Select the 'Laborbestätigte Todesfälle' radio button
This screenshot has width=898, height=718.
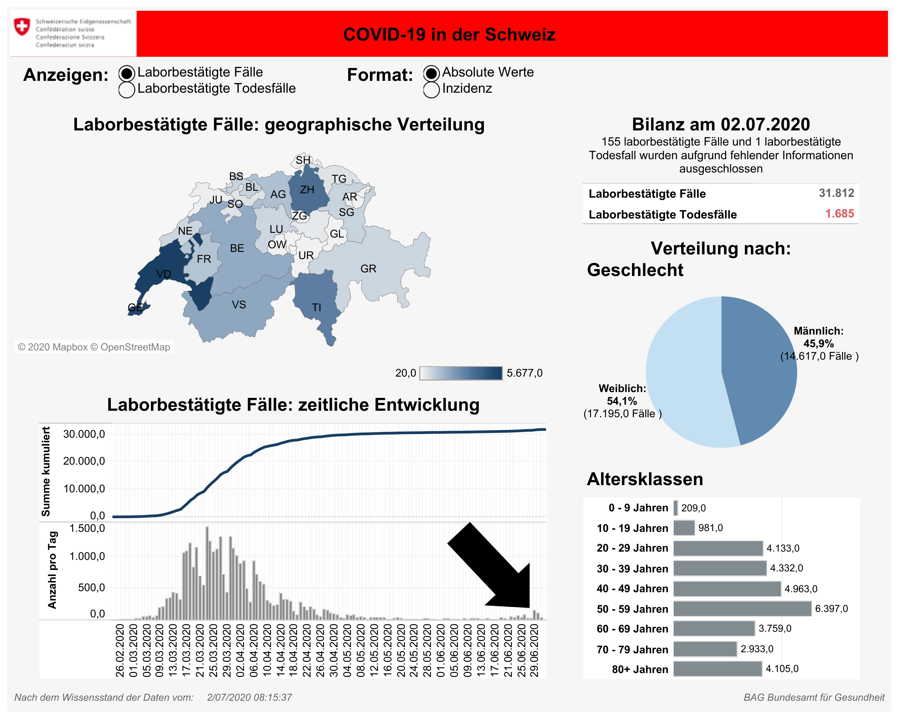[127, 89]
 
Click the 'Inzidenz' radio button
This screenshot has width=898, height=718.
[431, 89]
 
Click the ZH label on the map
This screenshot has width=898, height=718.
[307, 190]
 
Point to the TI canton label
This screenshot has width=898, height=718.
[317, 308]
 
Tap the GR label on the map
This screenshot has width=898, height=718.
[368, 269]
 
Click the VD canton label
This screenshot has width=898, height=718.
[164, 274]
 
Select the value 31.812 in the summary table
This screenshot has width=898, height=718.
[836, 193]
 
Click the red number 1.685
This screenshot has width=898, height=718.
[839, 214]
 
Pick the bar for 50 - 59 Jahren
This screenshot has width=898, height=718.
[742, 608]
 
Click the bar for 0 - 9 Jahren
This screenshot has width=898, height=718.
[675, 508]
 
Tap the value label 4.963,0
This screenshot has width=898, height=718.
[801, 589]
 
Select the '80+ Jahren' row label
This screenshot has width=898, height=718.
[640, 669]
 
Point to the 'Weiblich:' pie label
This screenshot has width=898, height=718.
[622, 388]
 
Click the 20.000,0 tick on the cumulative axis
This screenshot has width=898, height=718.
[84, 461]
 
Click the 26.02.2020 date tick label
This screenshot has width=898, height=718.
[120, 650]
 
